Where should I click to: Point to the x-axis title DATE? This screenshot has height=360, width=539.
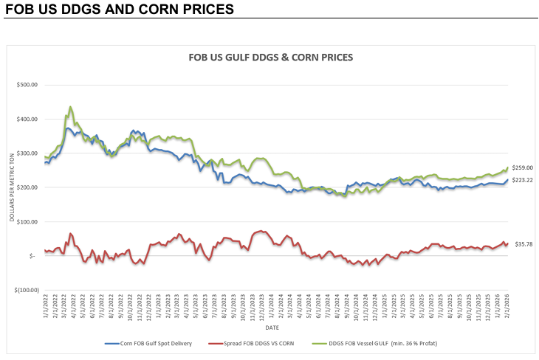pyautogui.click(x=272, y=327)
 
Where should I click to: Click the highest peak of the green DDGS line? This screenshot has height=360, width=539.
pyautogui.click(x=70, y=107)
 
